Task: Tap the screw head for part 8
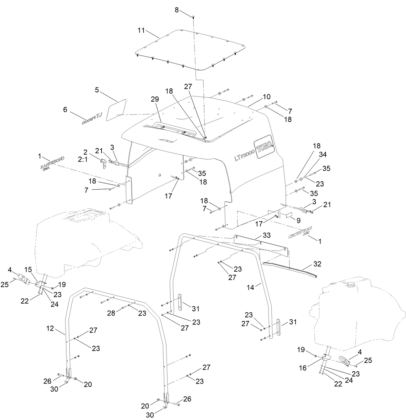click(x=193, y=16)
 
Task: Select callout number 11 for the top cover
click(x=141, y=31)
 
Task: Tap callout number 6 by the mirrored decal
click(x=65, y=110)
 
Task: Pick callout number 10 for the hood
click(x=267, y=97)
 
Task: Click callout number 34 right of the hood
click(x=322, y=155)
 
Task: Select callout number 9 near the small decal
click(x=298, y=221)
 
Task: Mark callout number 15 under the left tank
click(x=28, y=269)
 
